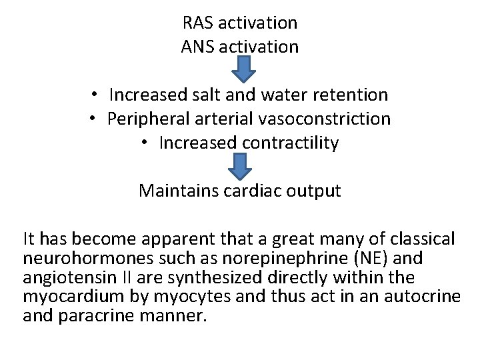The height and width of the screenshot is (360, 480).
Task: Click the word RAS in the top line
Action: (197, 23)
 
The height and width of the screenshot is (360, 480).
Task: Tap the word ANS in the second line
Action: (197, 47)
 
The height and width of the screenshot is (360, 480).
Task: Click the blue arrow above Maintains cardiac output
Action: (240, 166)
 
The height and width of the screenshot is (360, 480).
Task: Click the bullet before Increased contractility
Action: (146, 143)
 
